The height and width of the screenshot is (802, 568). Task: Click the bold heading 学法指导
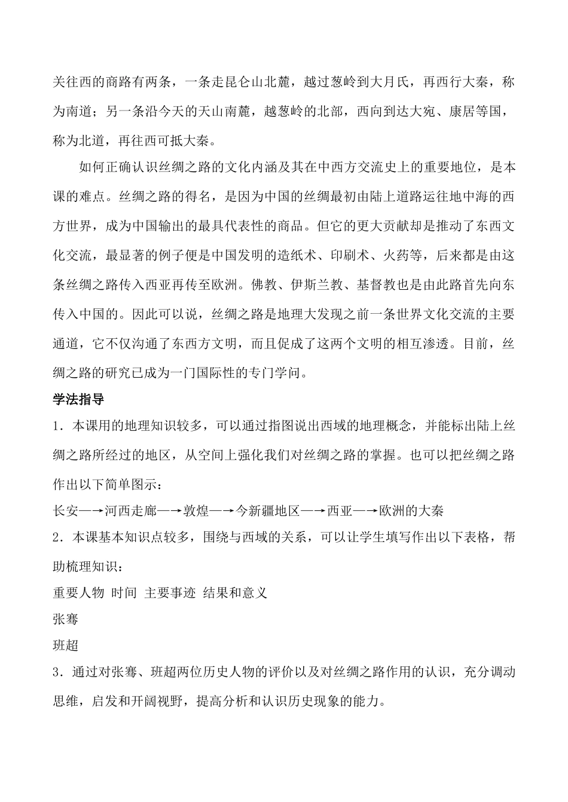click(78, 400)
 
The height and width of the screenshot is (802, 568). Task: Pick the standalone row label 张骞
click(65, 619)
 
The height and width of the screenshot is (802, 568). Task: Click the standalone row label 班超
click(65, 646)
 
